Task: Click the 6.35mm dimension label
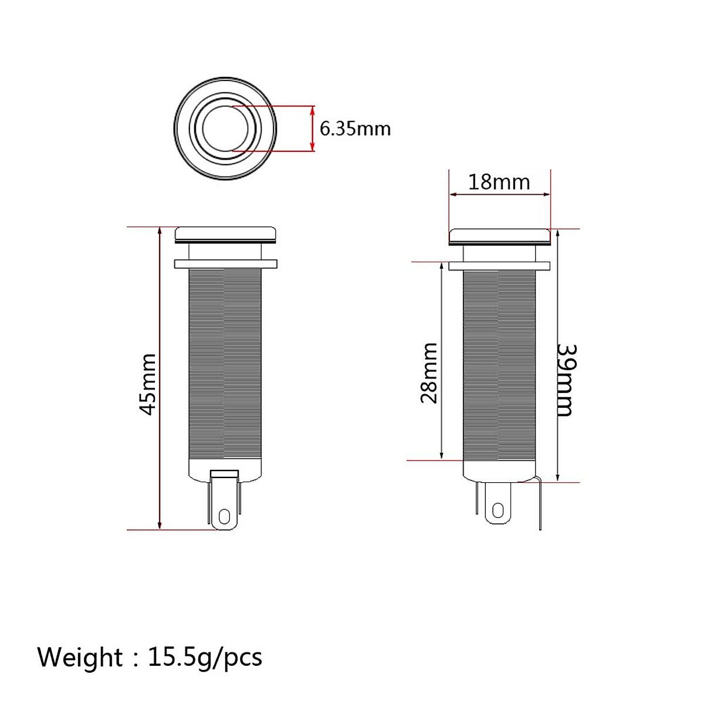355,128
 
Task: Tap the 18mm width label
499,182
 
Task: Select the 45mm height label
148,384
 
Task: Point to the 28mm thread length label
429,373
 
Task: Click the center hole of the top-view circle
225,128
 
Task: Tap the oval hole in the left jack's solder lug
224,516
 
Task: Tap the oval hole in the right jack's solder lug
499,509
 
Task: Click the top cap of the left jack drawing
225,233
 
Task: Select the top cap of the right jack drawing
500,236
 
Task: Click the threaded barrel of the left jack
225,364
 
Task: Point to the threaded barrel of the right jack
500,364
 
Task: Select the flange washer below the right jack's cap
500,266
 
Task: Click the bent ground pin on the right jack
539,505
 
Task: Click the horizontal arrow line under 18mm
500,195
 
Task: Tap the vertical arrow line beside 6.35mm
312,128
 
